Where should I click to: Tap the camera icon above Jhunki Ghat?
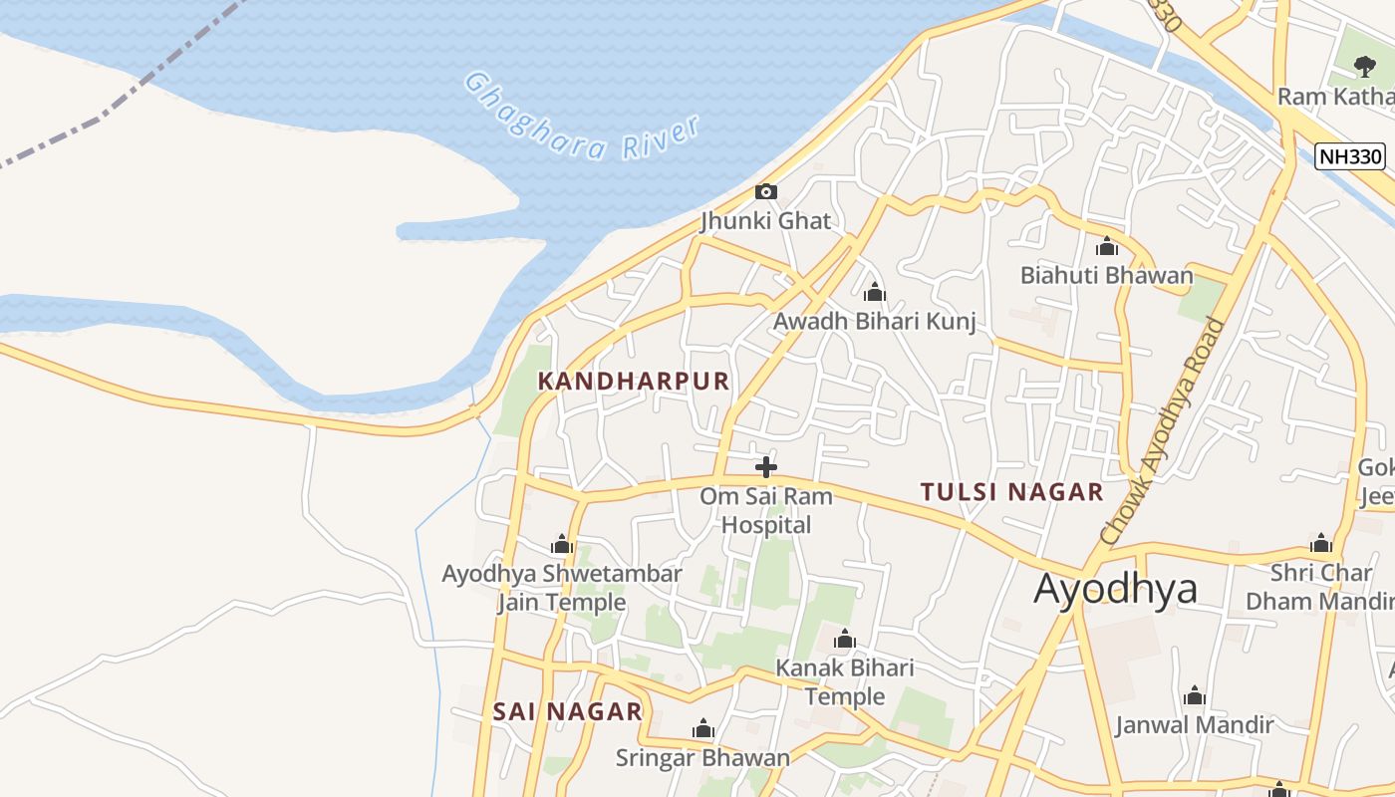pyautogui.click(x=765, y=191)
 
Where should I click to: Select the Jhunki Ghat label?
pyautogui.click(x=765, y=220)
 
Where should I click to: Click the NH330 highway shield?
pyautogui.click(x=1349, y=156)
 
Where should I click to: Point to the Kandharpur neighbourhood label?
pyautogui.click(x=634, y=381)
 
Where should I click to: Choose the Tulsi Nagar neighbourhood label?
pyautogui.click(x=1011, y=491)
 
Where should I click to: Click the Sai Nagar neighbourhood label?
pyautogui.click(x=568, y=711)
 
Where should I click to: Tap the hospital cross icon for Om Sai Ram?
pyautogui.click(x=765, y=466)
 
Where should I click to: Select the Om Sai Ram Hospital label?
pyautogui.click(x=765, y=510)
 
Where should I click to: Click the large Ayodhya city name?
pyautogui.click(x=1115, y=589)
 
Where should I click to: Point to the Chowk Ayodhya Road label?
pyautogui.click(x=1162, y=430)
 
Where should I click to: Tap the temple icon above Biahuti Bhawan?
pyautogui.click(x=1106, y=247)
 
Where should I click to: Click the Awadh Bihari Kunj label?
pyautogui.click(x=874, y=321)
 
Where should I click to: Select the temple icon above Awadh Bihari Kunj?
pyautogui.click(x=874, y=292)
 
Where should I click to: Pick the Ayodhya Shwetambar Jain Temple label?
pyautogui.click(x=562, y=588)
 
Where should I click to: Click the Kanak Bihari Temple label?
pyautogui.click(x=844, y=681)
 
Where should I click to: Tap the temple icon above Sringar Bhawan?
pyautogui.click(x=702, y=729)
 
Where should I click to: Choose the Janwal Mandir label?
pyautogui.click(x=1194, y=724)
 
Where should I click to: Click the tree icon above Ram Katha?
pyautogui.click(x=1364, y=67)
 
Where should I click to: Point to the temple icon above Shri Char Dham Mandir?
pyautogui.click(x=1320, y=544)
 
